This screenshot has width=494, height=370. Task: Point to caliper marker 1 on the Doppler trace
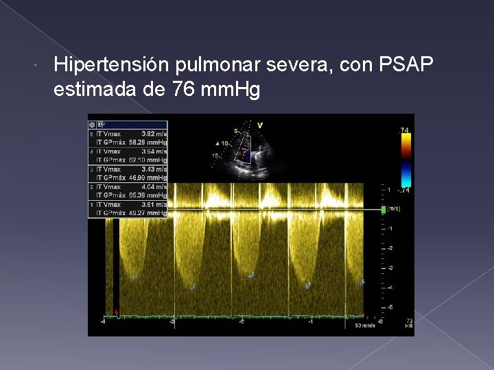point(134,277)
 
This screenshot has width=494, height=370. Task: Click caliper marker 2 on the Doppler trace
point(192,287)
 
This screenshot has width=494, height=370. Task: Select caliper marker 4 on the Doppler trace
point(307,285)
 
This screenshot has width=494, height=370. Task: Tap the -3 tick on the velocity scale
point(390,267)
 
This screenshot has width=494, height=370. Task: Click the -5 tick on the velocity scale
point(390,307)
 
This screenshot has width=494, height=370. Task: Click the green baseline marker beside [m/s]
point(384,209)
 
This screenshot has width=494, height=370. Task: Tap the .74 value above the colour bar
point(405,129)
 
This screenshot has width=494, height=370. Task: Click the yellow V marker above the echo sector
point(260,125)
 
